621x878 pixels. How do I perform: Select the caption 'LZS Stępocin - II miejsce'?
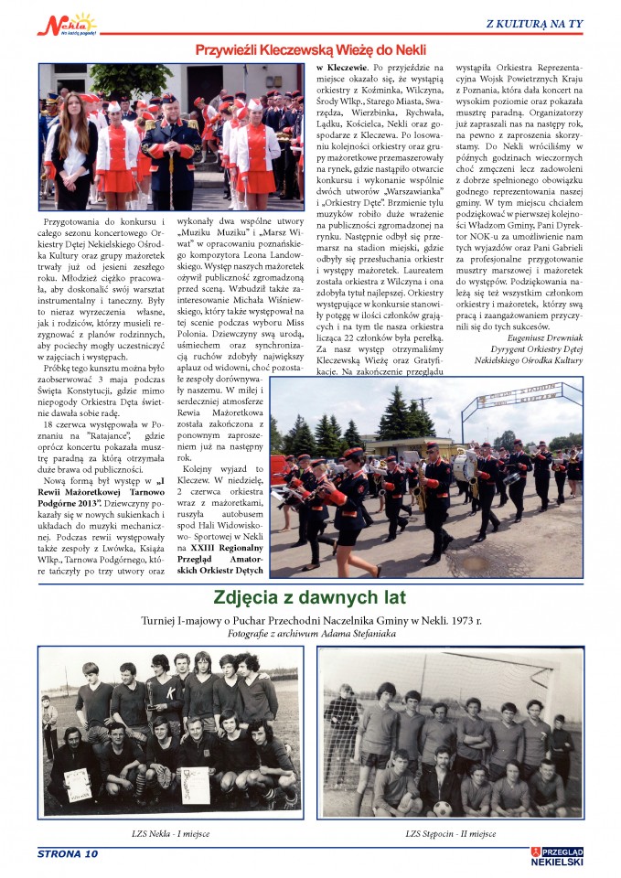click(451, 833)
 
